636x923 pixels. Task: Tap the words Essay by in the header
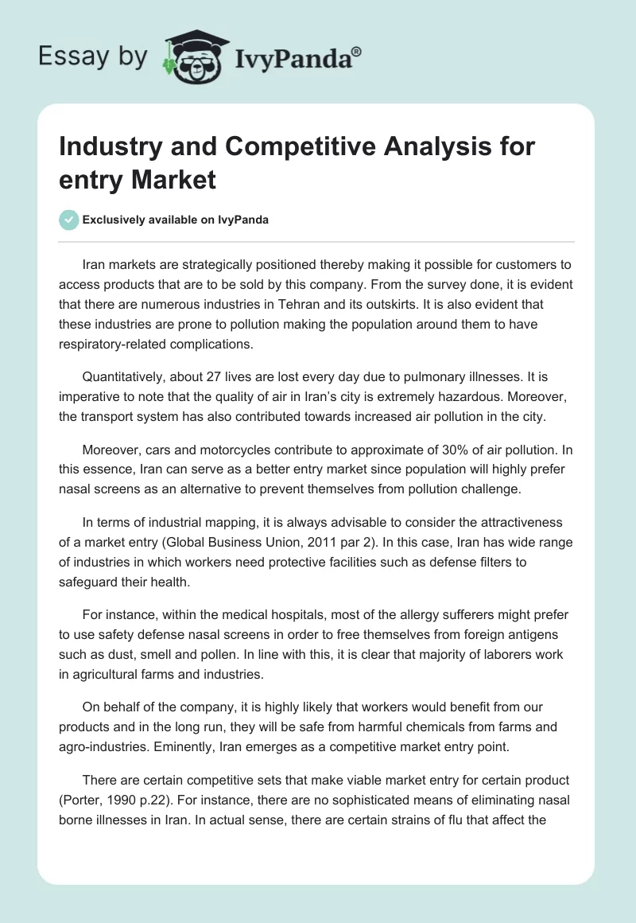[x=92, y=56]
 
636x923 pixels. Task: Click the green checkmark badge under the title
[x=69, y=220]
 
